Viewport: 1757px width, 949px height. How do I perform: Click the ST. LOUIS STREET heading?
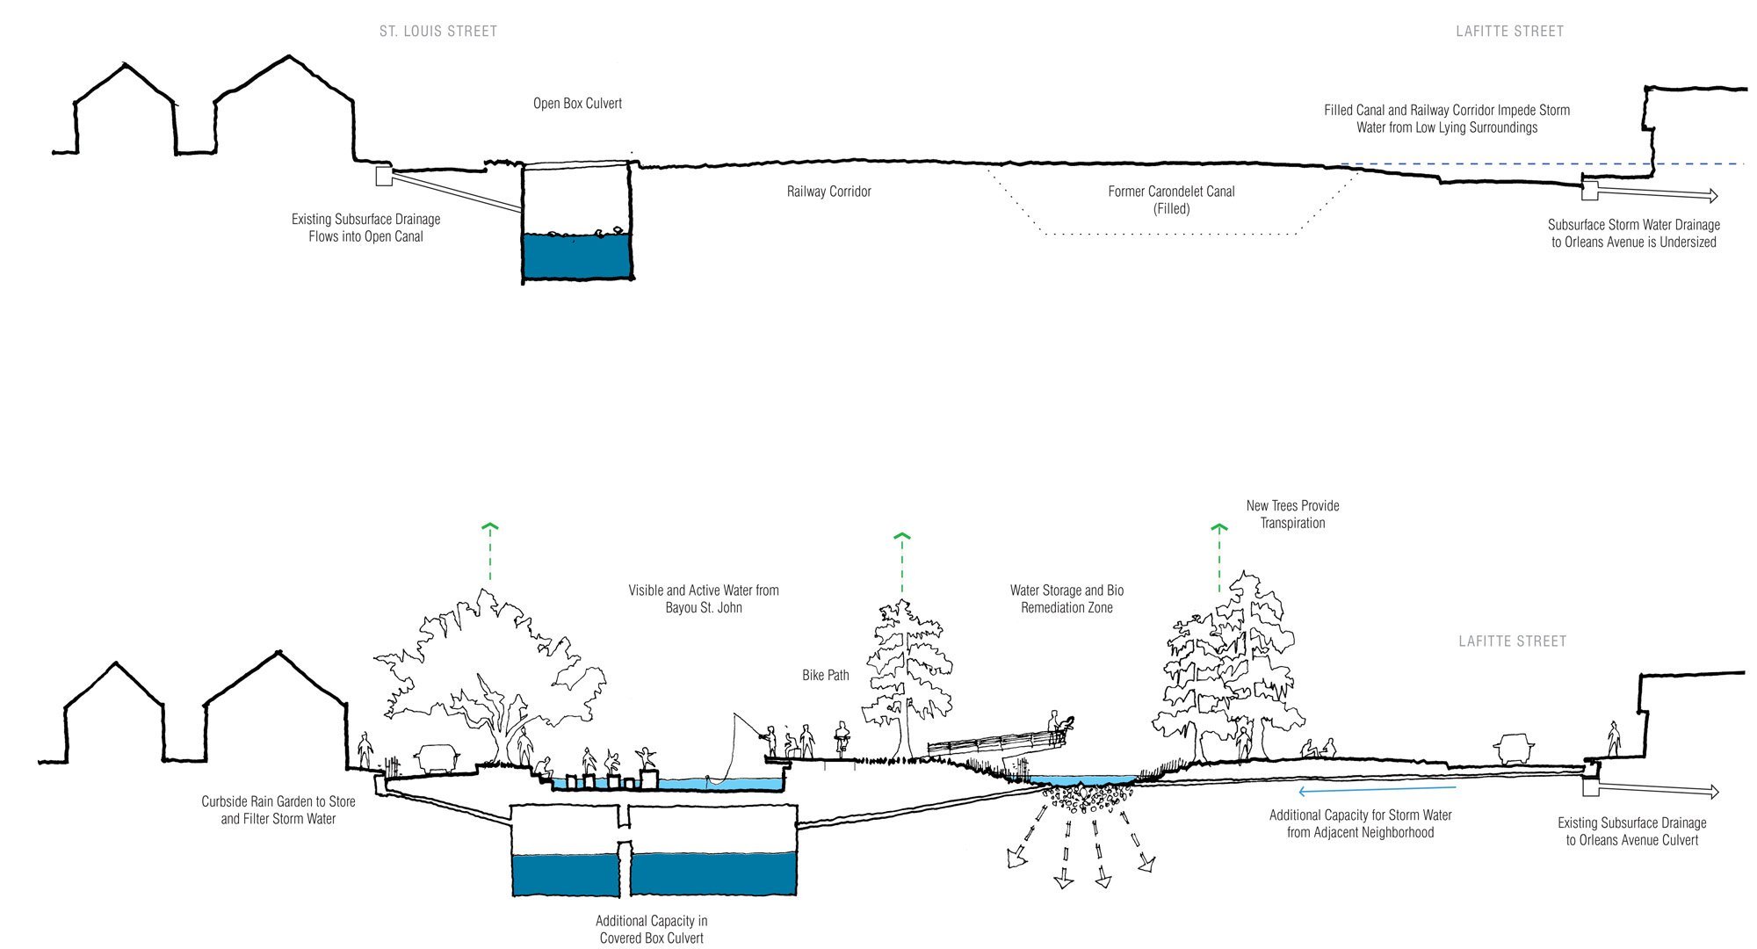click(438, 32)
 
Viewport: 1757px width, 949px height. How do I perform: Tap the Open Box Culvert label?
click(577, 104)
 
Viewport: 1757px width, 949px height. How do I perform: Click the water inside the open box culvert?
click(577, 257)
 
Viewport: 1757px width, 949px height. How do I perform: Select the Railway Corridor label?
click(828, 192)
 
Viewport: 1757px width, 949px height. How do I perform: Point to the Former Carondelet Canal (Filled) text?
click(1171, 200)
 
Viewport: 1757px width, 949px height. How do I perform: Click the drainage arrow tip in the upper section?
click(1712, 196)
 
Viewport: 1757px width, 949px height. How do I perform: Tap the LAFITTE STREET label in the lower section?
click(1512, 641)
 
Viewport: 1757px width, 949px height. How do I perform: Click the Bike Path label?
click(825, 676)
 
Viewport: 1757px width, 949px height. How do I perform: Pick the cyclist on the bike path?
click(842, 740)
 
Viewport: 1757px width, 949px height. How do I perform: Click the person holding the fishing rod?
click(770, 741)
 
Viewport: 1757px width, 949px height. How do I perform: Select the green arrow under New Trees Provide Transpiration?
click(1218, 558)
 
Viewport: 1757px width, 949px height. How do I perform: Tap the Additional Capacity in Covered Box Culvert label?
click(651, 930)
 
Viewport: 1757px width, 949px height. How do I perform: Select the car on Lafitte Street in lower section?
click(1513, 750)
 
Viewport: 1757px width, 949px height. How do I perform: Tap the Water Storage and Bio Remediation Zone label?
click(1066, 599)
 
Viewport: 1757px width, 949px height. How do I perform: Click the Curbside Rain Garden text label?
click(278, 810)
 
